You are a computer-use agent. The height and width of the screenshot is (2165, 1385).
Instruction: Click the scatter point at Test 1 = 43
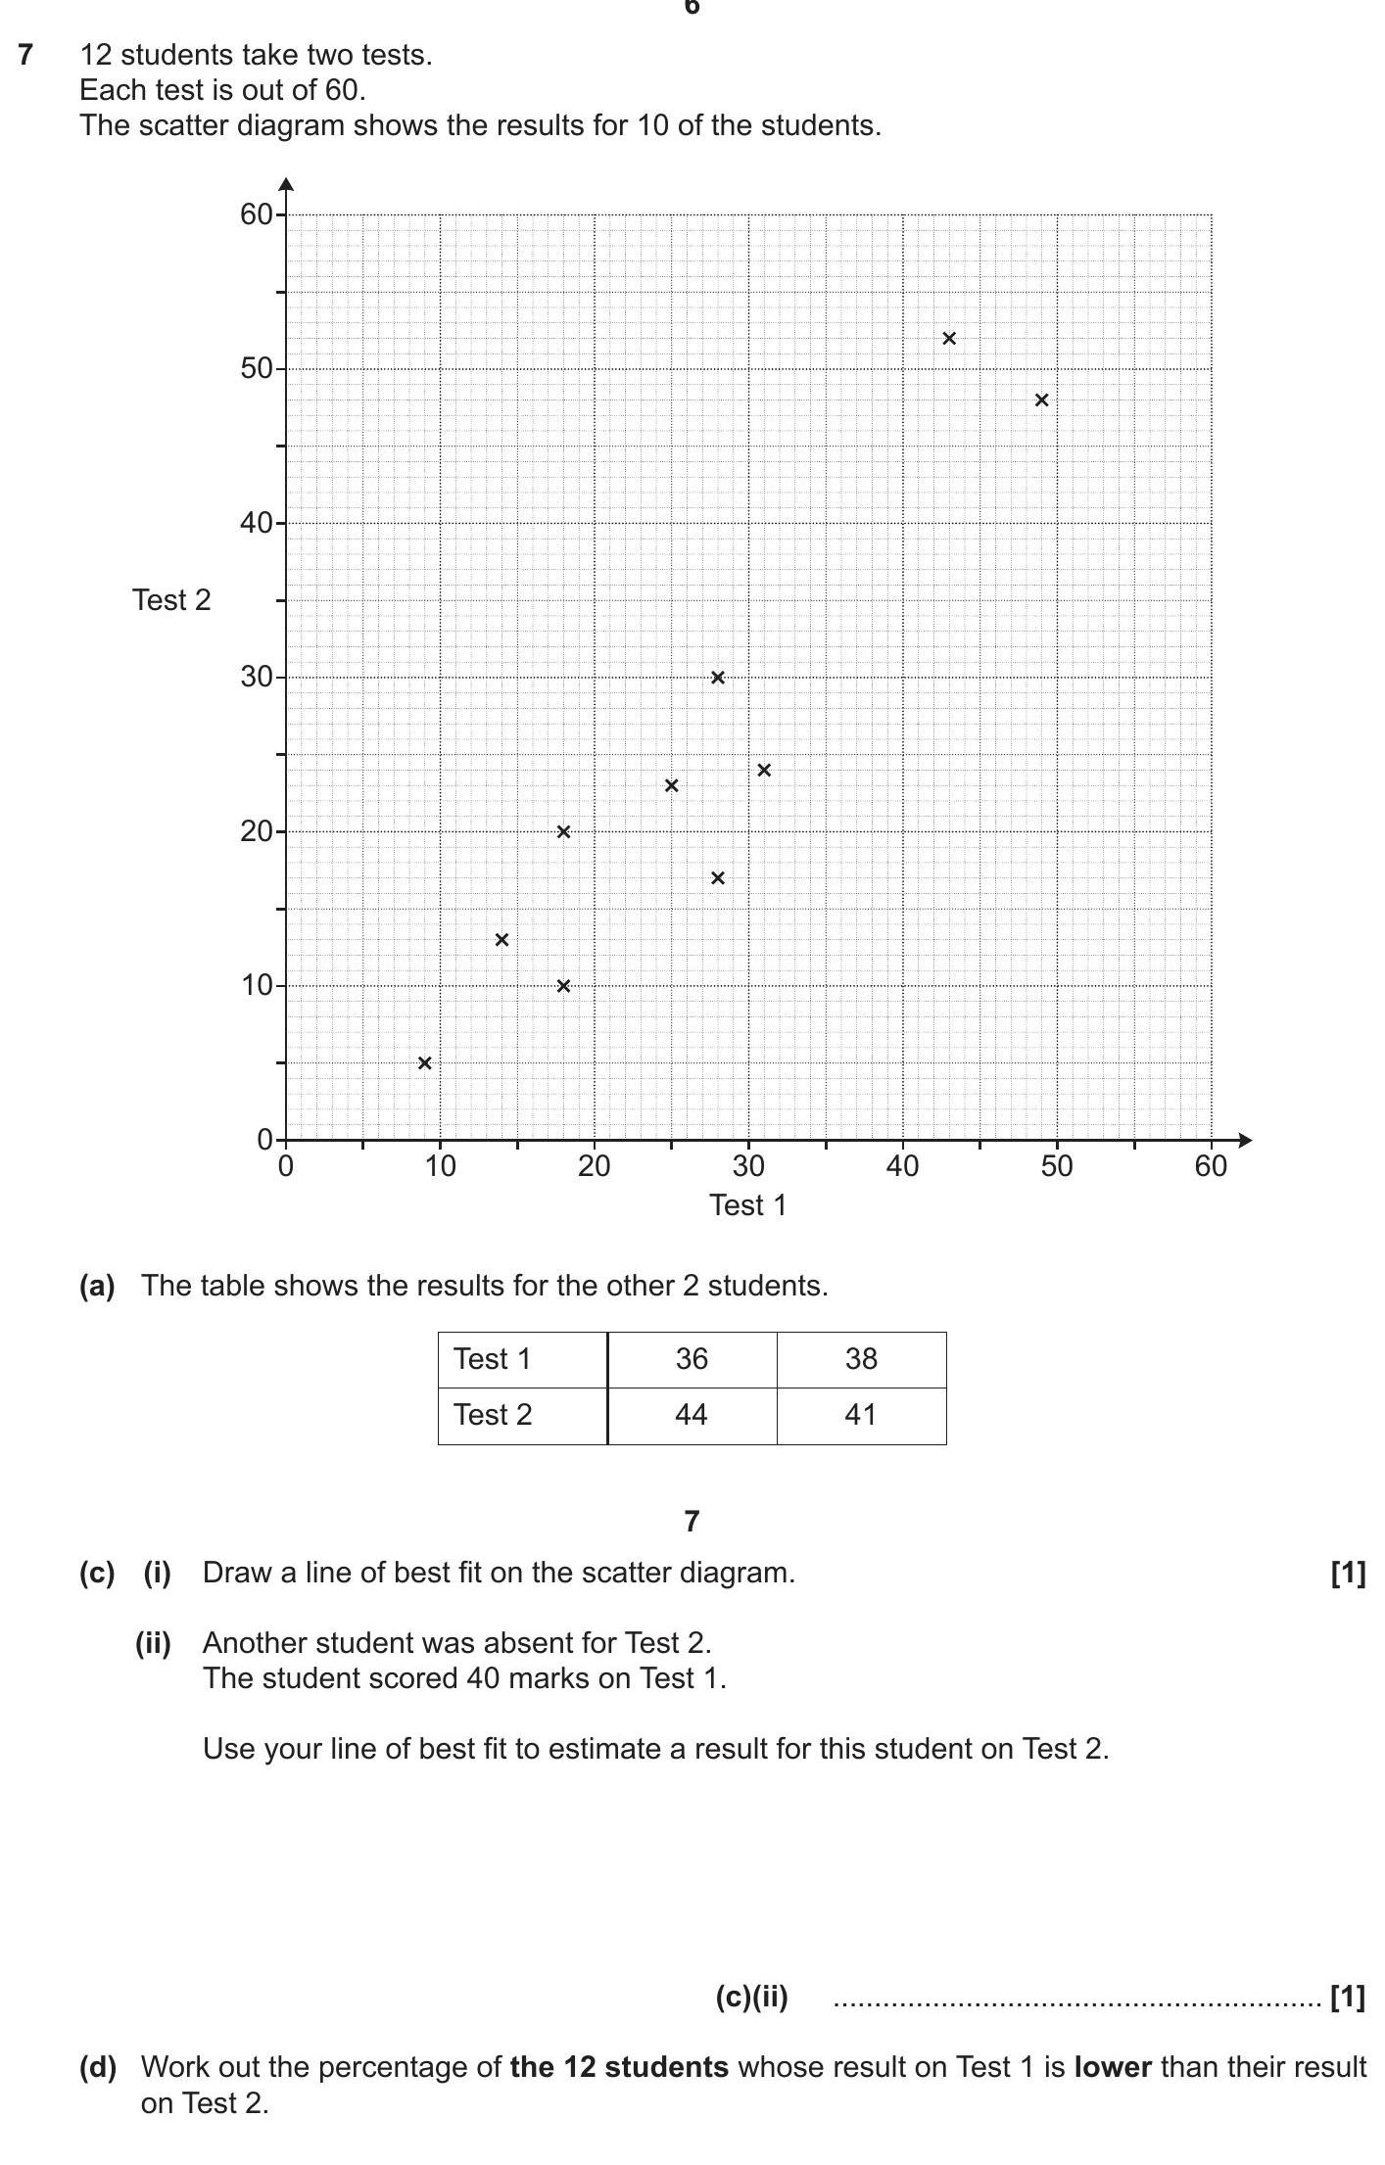(x=948, y=339)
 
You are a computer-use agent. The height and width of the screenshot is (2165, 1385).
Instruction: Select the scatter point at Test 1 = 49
(x=1041, y=400)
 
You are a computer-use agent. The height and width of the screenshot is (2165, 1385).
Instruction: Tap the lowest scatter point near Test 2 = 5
(x=424, y=1063)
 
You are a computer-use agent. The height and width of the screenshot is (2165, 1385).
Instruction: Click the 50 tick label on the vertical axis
(x=257, y=369)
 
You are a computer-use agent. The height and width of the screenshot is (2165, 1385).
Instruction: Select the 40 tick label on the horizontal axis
(x=902, y=1166)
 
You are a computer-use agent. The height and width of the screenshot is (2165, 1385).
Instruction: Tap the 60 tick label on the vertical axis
(x=257, y=214)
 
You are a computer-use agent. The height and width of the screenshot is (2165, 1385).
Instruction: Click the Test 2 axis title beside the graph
(x=171, y=600)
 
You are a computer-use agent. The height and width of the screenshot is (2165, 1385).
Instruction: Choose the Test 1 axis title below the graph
(x=747, y=1205)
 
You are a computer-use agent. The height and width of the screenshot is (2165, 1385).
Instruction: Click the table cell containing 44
(x=692, y=1415)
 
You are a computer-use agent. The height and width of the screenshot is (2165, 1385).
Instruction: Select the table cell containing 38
(x=861, y=1359)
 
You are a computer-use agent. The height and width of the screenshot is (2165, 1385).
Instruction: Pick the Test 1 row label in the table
(x=492, y=1359)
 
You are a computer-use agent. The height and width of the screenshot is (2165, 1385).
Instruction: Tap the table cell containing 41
(x=861, y=1415)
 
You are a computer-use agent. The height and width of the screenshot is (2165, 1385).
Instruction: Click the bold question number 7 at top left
(x=25, y=55)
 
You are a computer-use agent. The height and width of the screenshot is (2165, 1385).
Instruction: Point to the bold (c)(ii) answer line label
(x=751, y=1997)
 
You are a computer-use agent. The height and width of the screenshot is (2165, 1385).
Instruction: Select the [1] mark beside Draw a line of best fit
(x=1347, y=1573)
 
